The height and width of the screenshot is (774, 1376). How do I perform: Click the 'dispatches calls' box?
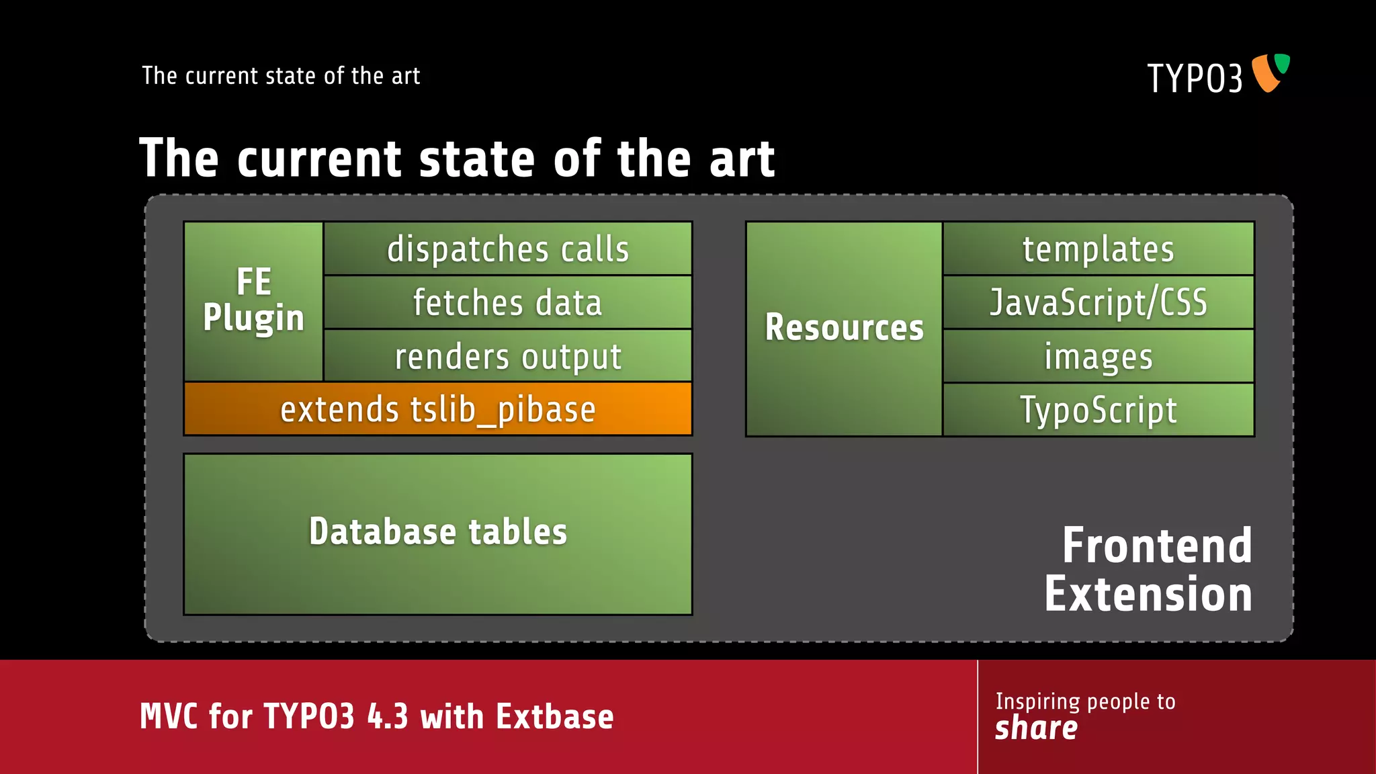click(x=508, y=249)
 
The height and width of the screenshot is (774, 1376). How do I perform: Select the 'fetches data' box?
click(x=508, y=302)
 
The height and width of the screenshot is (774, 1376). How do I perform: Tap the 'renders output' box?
click(x=508, y=356)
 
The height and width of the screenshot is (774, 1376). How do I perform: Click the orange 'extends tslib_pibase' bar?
click(x=438, y=409)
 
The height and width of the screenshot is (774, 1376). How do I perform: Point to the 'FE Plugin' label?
click(x=253, y=300)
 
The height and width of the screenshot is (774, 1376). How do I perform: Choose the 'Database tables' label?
click(x=438, y=532)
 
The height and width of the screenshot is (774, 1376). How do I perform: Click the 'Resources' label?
click(x=844, y=328)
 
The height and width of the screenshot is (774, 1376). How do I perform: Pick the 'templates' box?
click(x=1099, y=249)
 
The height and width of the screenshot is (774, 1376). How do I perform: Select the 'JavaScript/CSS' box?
click(x=1099, y=302)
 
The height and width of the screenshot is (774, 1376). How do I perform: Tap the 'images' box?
click(x=1099, y=356)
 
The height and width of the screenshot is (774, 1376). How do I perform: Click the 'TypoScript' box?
click(x=1099, y=410)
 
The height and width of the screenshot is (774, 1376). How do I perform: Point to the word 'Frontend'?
click(x=1157, y=546)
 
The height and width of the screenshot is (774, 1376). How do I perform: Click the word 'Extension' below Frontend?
click(x=1148, y=595)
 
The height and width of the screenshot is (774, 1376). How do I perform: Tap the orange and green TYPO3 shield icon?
click(x=1270, y=73)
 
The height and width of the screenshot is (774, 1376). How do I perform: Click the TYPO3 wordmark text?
click(x=1195, y=79)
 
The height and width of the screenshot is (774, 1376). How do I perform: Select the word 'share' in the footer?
click(x=1036, y=728)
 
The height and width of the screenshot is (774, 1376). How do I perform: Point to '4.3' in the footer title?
click(x=388, y=717)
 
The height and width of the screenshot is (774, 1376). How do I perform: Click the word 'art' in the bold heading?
click(x=742, y=159)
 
